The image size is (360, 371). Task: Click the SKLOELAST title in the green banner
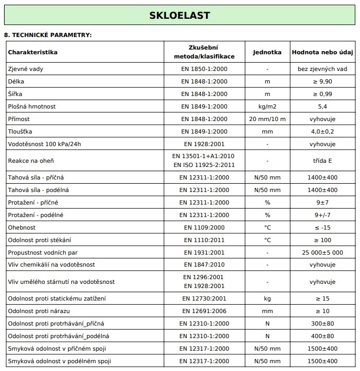[180, 15]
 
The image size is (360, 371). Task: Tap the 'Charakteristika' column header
[32, 52]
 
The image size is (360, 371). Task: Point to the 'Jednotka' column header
[267, 52]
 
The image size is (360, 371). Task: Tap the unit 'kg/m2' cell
[267, 106]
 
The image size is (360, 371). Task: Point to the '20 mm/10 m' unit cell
[267, 119]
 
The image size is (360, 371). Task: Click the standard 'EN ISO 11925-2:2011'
[203, 165]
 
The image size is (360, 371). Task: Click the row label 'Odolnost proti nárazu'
[39, 311]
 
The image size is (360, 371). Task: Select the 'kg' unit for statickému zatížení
[267, 298]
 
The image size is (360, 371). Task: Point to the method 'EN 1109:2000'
[203, 228]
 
